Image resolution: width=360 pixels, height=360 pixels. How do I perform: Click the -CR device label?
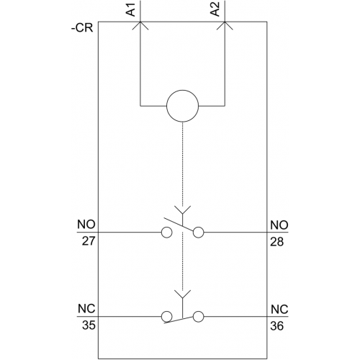tap(82, 28)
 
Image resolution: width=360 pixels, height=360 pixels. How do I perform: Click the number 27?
tap(89, 241)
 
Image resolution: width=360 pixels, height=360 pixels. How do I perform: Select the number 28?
tap(277, 242)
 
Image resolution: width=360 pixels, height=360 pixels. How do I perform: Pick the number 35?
tap(89, 325)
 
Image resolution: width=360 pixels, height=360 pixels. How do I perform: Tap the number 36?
tap(277, 326)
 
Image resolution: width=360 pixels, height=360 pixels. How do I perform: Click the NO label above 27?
tap(86, 225)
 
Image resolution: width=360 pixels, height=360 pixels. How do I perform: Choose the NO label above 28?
tap(279, 225)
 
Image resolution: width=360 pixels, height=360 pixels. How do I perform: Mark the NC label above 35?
tap(86, 309)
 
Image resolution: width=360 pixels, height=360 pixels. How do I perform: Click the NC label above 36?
tap(279, 310)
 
